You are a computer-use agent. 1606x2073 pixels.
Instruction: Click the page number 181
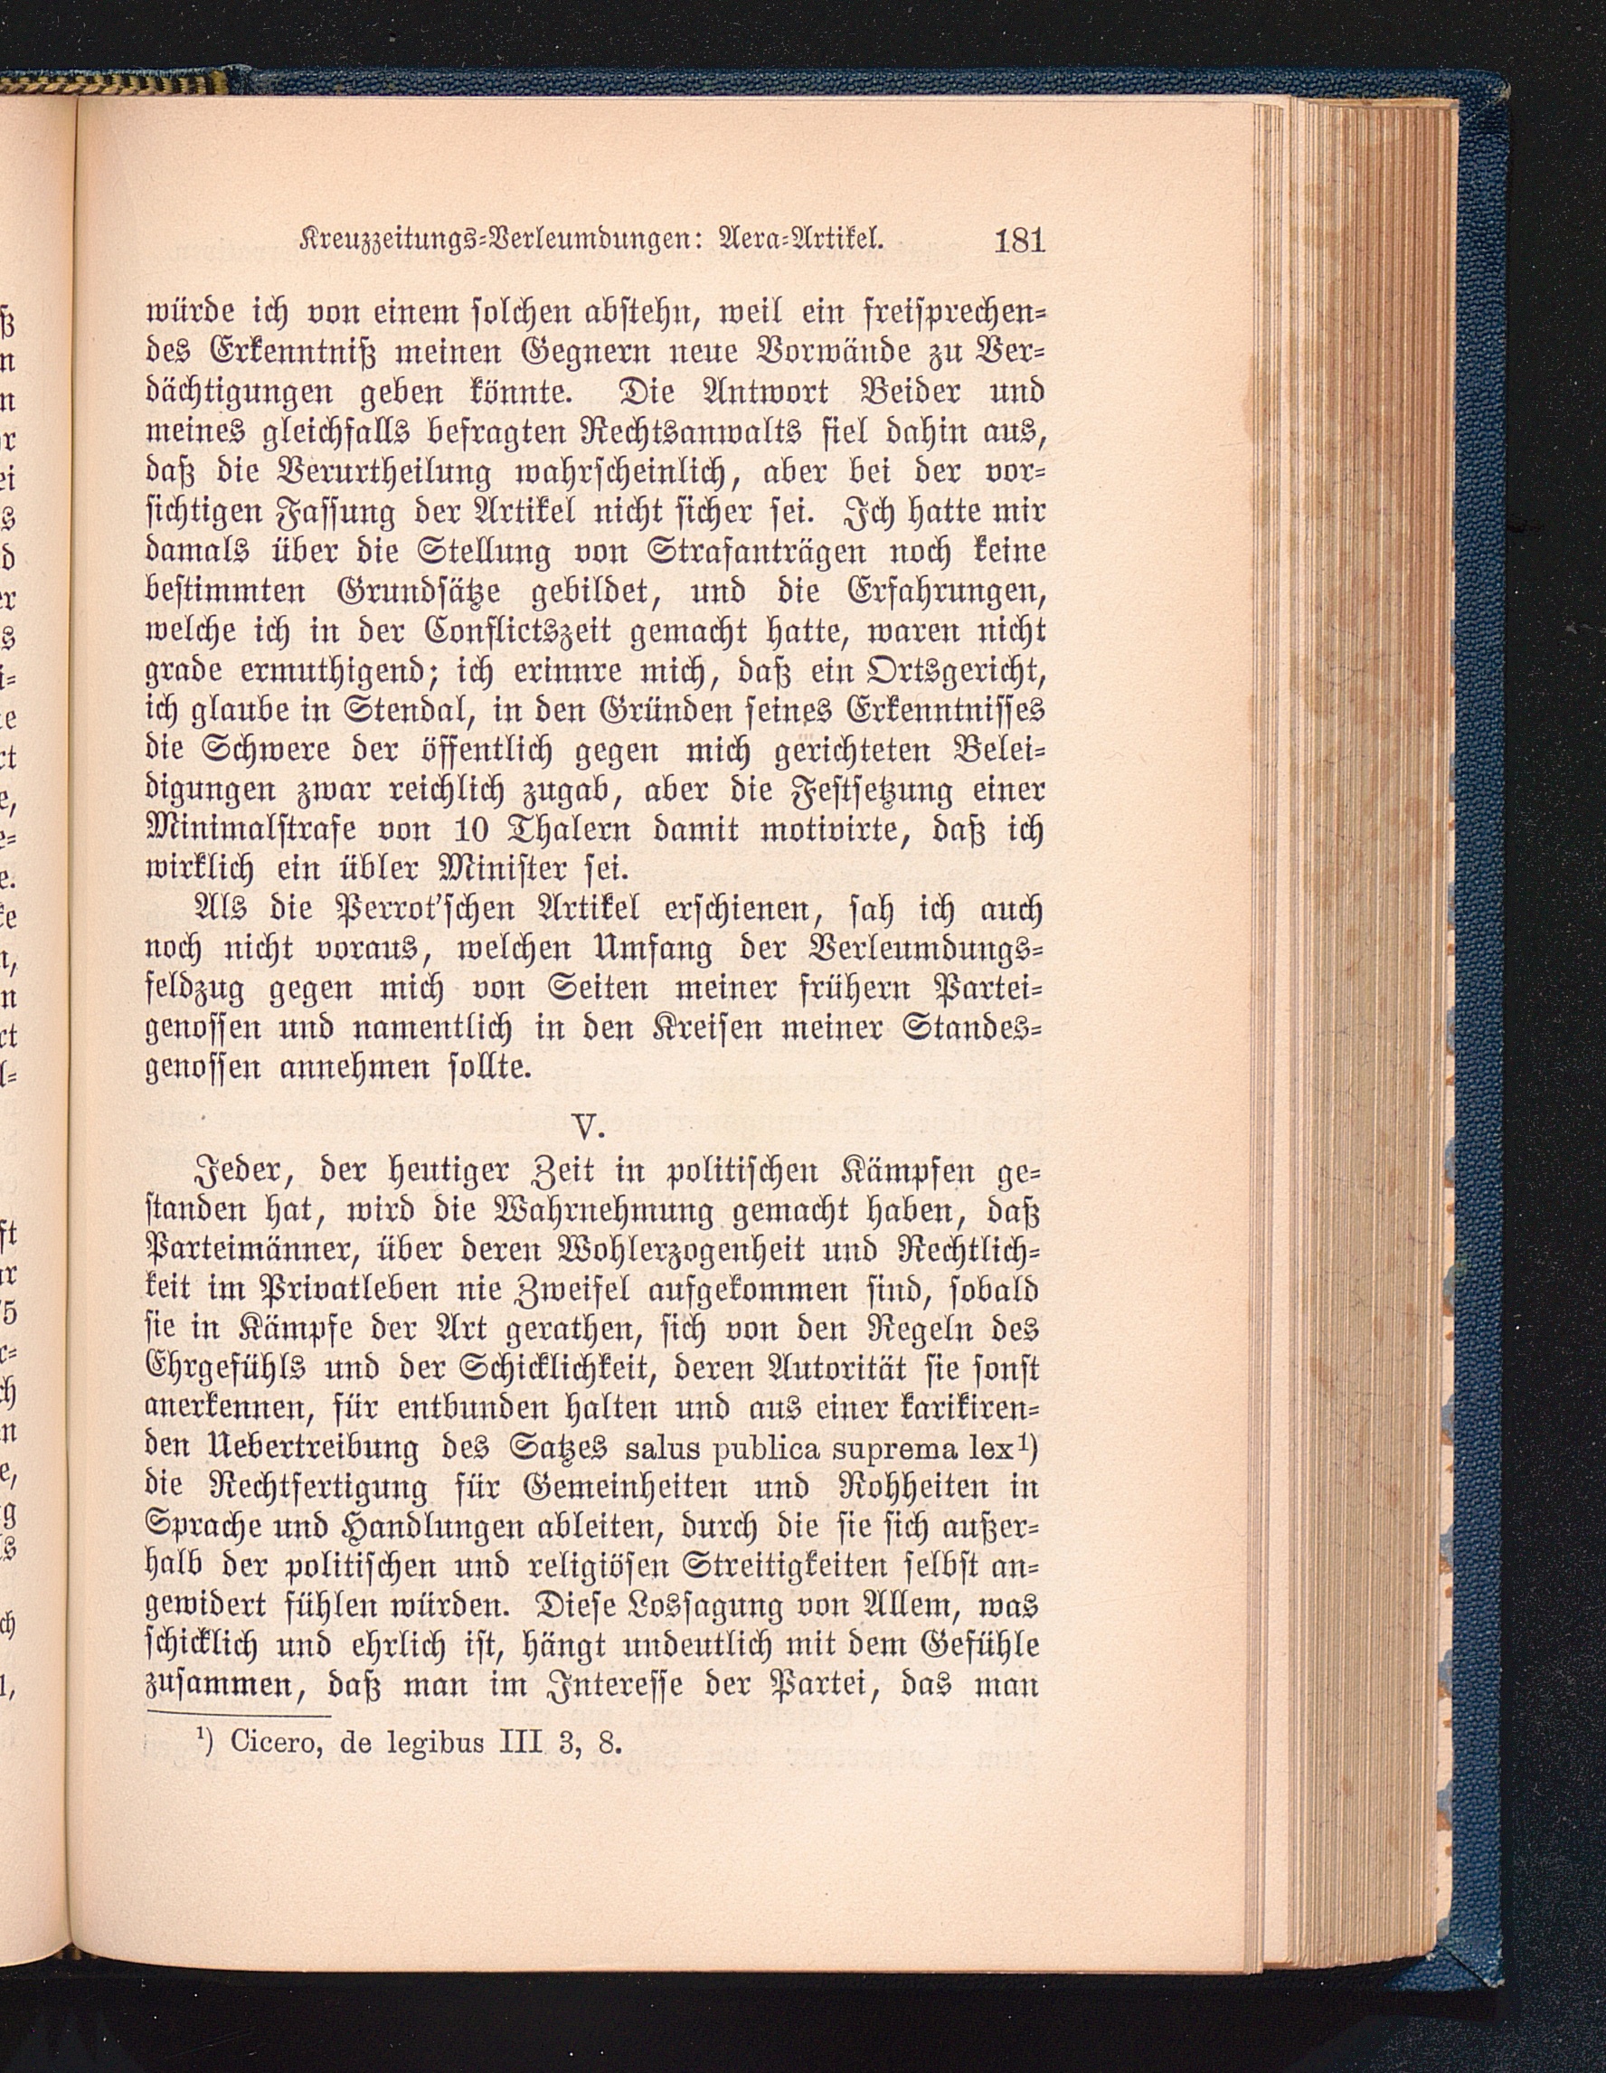point(1018,239)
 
